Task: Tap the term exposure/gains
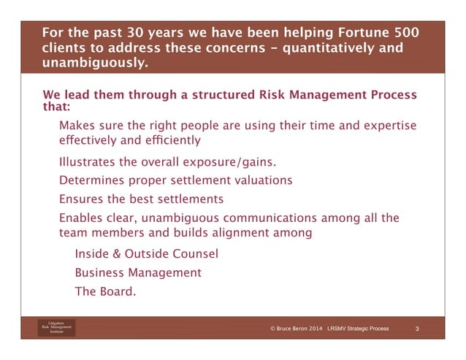(232, 162)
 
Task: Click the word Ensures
(82, 199)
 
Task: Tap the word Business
(100, 273)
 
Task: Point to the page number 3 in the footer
(417, 330)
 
